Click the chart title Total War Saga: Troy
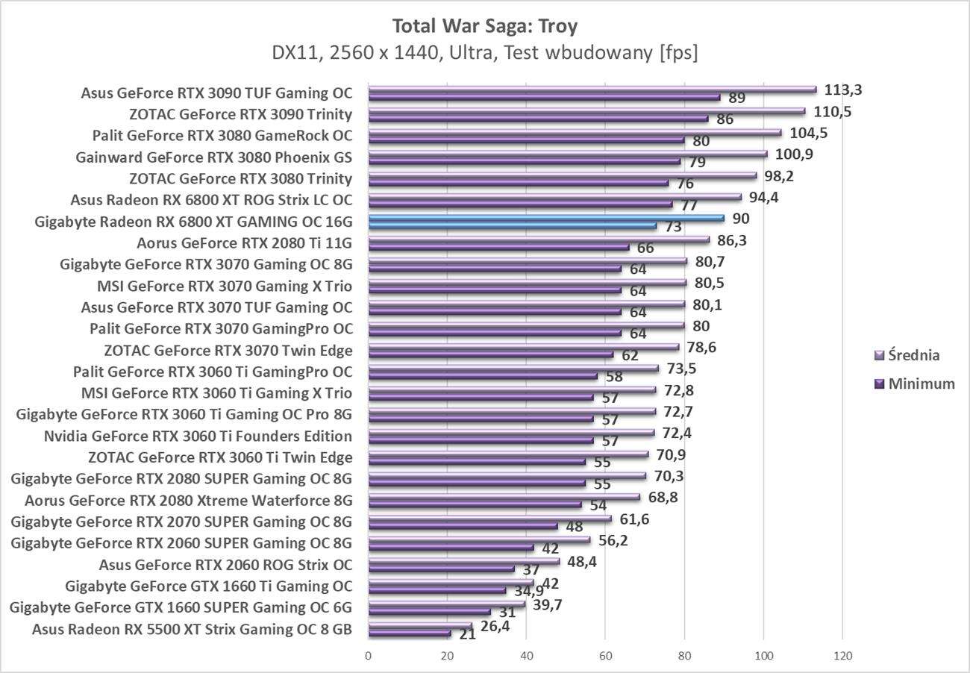485,26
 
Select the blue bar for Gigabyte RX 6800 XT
545,218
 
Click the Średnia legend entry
907,355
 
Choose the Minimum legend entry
913,384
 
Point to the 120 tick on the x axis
842,656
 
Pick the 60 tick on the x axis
605,656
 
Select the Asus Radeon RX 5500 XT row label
192,629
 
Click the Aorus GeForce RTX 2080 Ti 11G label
245,242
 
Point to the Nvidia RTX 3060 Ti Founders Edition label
198,436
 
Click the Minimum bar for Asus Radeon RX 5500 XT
410,633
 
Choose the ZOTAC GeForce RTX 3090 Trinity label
240,114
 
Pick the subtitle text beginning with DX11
485,54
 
